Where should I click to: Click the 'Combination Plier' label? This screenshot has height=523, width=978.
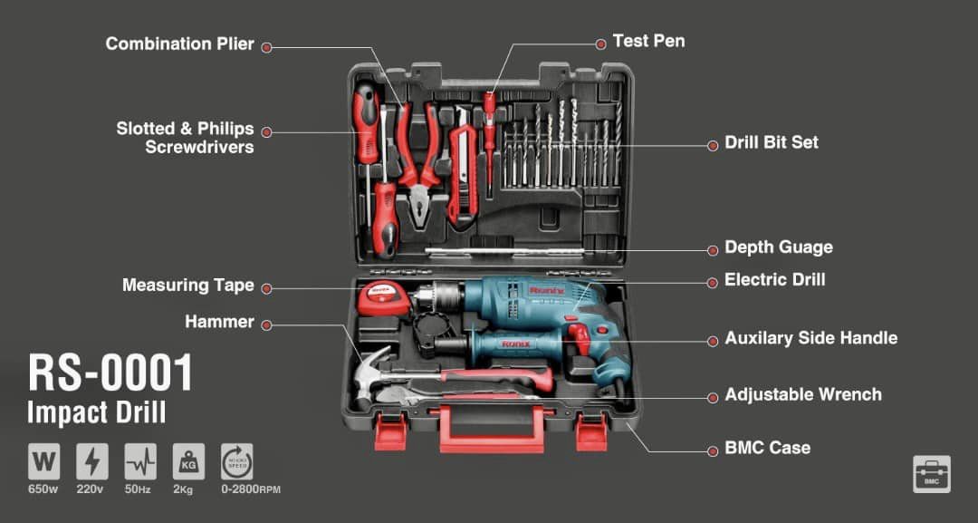point(179,44)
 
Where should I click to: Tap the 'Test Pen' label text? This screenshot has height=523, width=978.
point(648,41)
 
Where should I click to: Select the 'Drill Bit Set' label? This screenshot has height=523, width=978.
point(772,142)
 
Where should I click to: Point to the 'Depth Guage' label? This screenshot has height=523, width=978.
point(779,247)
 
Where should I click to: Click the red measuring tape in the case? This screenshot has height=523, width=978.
point(379,297)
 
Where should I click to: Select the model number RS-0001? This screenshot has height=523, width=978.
point(111,373)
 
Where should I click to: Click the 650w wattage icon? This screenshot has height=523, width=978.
point(43,462)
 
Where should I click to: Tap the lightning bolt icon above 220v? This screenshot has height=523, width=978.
point(91,462)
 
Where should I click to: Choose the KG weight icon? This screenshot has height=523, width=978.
point(188,462)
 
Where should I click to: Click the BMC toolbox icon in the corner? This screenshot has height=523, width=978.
point(932,474)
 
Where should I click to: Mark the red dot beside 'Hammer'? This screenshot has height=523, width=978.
point(266,325)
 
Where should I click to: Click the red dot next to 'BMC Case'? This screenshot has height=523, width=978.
point(713,450)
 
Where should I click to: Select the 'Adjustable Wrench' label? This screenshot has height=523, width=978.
point(803,394)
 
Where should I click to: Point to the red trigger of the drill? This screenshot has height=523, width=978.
point(580,338)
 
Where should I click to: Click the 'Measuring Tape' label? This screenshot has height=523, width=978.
point(188,286)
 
